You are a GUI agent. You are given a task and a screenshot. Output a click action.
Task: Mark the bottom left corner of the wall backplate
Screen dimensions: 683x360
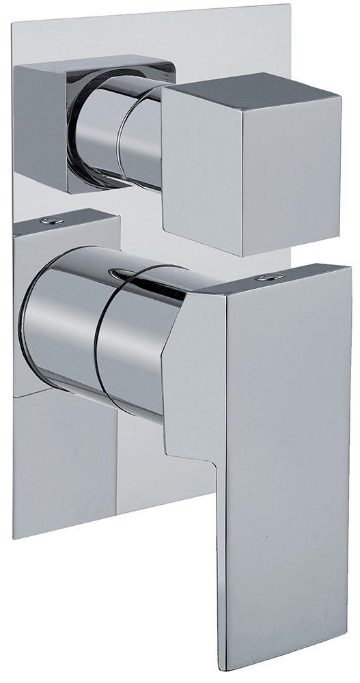point(15,536)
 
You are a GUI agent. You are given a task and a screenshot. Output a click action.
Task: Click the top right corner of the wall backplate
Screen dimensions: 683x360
point(292,9)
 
